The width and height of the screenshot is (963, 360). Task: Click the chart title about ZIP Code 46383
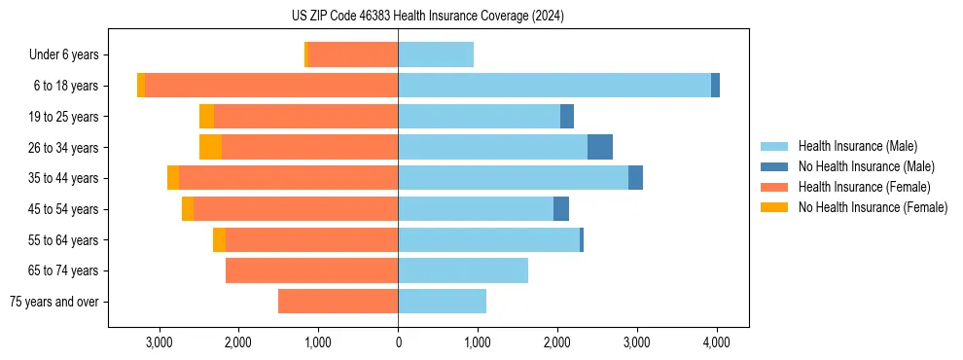(x=427, y=17)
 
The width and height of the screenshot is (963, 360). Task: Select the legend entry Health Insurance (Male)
(x=857, y=146)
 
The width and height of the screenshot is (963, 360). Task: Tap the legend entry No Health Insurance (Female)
(x=872, y=207)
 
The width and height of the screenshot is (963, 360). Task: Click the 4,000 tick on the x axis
(x=717, y=342)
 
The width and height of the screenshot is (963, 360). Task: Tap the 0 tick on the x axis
(x=398, y=342)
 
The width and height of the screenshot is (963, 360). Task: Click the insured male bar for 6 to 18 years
(x=554, y=86)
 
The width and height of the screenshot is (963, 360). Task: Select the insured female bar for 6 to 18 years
(x=271, y=86)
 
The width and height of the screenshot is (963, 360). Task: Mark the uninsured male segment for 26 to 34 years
(x=600, y=147)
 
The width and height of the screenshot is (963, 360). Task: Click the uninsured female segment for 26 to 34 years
(x=210, y=147)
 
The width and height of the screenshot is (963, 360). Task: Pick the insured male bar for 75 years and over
(x=442, y=302)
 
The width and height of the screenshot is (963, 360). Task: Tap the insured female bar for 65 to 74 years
(x=311, y=270)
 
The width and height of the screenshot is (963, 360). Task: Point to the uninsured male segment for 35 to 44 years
(x=635, y=178)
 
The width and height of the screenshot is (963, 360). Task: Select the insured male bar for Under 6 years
(x=436, y=55)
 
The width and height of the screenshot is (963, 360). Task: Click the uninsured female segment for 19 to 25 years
(x=206, y=117)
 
